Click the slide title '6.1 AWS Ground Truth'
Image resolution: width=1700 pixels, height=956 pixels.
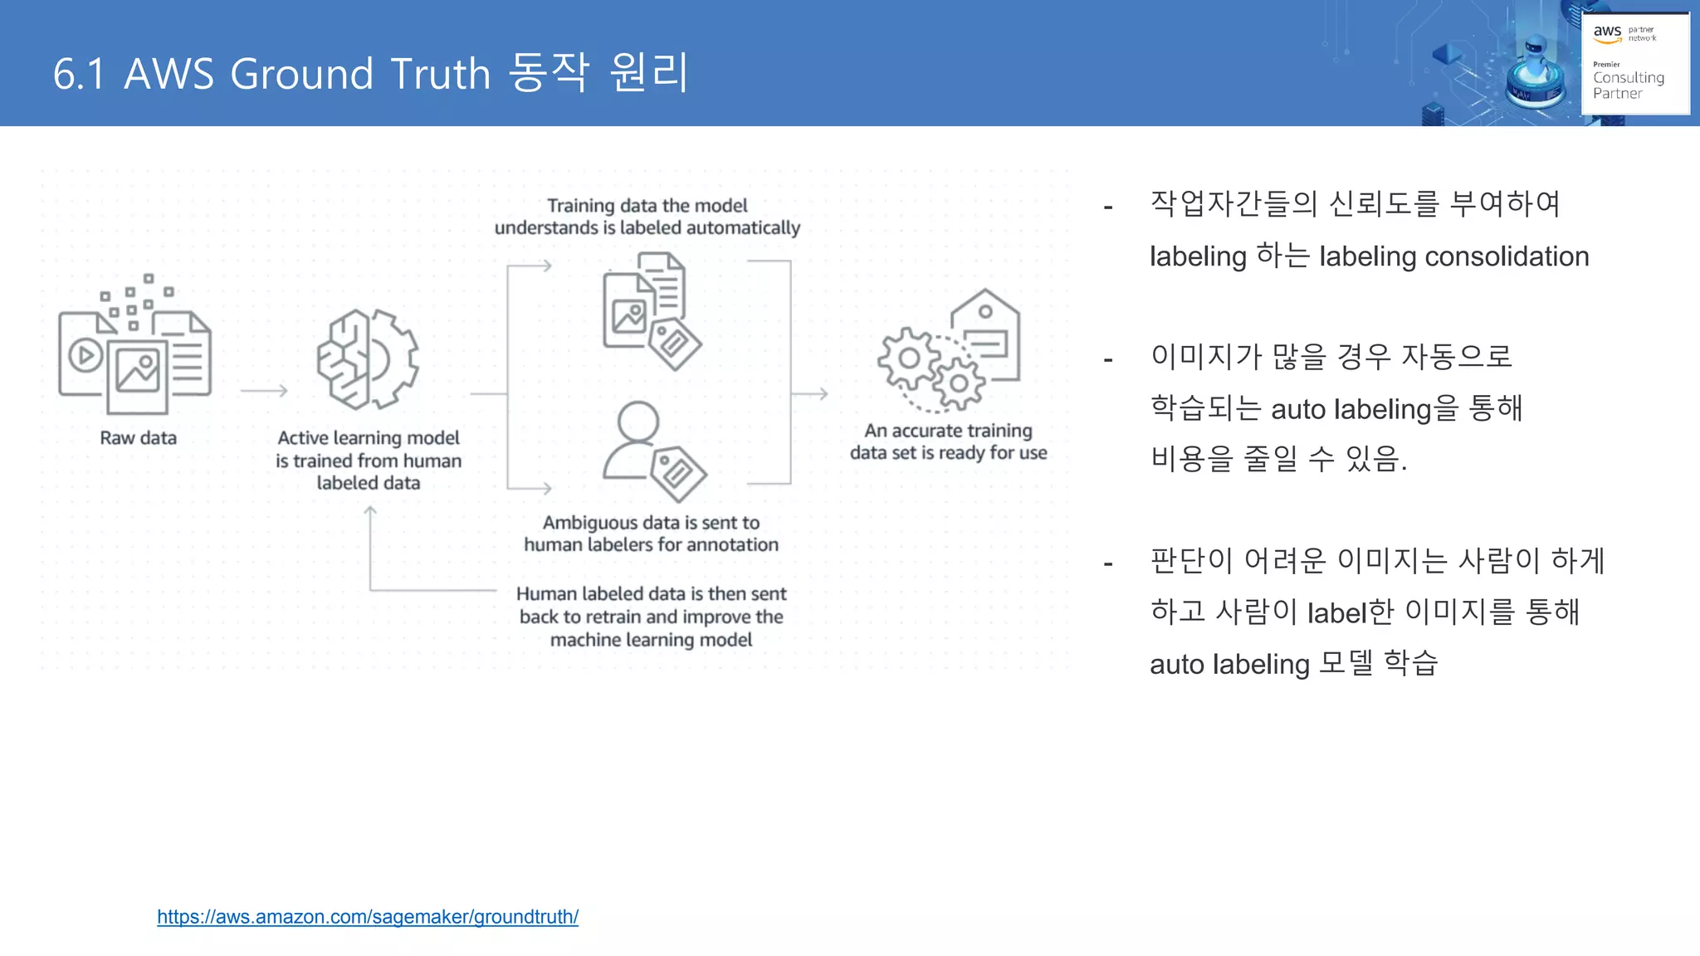click(x=370, y=73)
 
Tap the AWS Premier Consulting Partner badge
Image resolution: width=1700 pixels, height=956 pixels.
click(x=1634, y=63)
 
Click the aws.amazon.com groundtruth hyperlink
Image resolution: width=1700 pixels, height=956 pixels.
click(x=368, y=917)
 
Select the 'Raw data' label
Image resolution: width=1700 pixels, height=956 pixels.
click(x=139, y=438)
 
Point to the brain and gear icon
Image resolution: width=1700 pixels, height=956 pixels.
click(x=368, y=359)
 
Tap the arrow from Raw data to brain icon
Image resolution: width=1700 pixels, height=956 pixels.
click(x=264, y=390)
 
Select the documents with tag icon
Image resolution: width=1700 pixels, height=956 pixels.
click(x=651, y=310)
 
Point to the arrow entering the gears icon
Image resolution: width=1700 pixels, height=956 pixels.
click(x=809, y=393)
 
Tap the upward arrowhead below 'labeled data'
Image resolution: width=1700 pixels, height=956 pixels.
click(x=370, y=511)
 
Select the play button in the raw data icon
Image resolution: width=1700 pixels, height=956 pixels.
click(x=85, y=356)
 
